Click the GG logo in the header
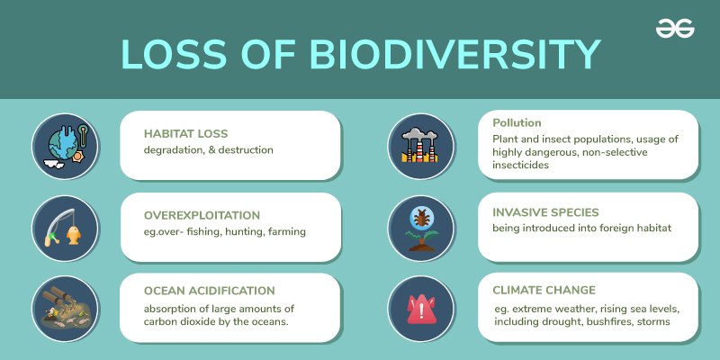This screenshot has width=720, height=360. pyautogui.click(x=675, y=29)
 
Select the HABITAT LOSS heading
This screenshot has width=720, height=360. pyautogui.click(x=186, y=133)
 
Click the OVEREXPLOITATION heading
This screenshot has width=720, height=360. pyautogui.click(x=202, y=215)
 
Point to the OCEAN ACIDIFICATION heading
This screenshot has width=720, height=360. pyautogui.click(x=210, y=291)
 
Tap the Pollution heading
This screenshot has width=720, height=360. pyautogui.click(x=517, y=123)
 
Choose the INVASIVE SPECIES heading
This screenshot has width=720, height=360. pyautogui.click(x=545, y=212)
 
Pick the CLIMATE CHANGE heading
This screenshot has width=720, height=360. pyautogui.click(x=544, y=290)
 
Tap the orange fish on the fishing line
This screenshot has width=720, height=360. pyautogui.click(x=73, y=234)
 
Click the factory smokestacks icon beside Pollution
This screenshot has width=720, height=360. pyautogui.click(x=419, y=146)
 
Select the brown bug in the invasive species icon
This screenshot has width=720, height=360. pyautogui.click(x=419, y=218)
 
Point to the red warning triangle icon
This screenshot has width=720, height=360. pyautogui.click(x=419, y=308)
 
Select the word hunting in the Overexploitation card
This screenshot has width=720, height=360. pyautogui.click(x=247, y=232)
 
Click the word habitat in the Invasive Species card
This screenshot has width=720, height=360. pyautogui.click(x=656, y=228)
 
